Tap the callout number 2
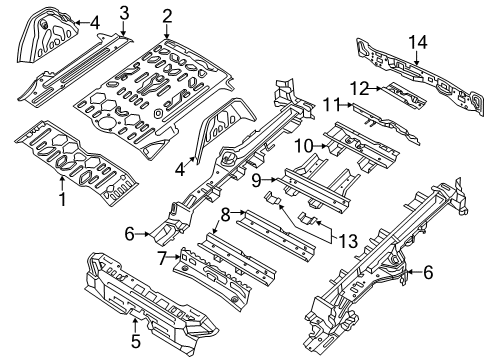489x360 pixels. coord(167,15)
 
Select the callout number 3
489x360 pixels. coord(123,13)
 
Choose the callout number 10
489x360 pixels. coord(297,147)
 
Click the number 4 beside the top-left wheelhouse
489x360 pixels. coord(94,22)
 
